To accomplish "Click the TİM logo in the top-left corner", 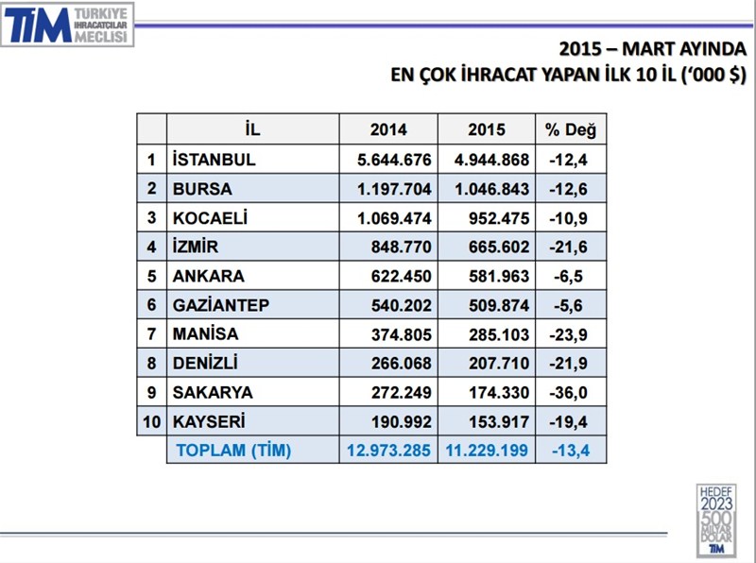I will (x=68, y=26).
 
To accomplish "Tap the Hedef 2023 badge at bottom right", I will (x=716, y=519).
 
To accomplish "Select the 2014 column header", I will (x=388, y=130).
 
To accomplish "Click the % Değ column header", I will (x=570, y=130).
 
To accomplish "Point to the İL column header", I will (x=252, y=130).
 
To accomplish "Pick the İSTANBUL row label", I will (x=214, y=160).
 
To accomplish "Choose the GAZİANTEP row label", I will (x=221, y=305).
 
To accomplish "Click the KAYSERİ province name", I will (x=211, y=421).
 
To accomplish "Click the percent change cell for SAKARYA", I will (x=570, y=392).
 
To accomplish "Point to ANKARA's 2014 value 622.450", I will (x=401, y=276).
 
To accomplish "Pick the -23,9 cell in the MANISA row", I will (x=570, y=334).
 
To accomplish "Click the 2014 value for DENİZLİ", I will (x=401, y=363).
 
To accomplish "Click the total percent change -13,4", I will (x=570, y=451).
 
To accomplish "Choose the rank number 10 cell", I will (x=151, y=421).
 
